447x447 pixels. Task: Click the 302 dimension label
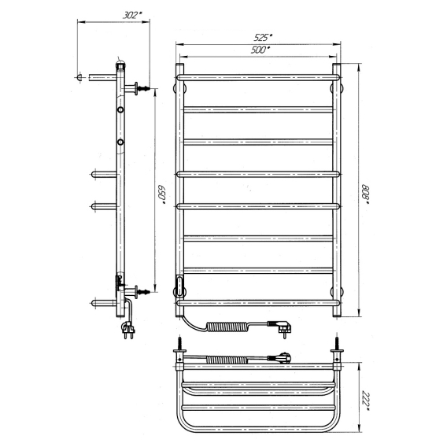(x=132, y=15)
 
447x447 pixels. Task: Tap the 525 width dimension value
(x=263, y=37)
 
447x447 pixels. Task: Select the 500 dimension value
(x=260, y=50)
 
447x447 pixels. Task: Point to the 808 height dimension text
(x=365, y=194)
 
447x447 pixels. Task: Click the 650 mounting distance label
(x=162, y=194)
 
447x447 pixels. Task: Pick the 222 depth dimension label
(x=365, y=401)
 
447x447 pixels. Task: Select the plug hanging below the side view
(x=128, y=330)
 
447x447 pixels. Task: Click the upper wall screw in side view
(x=144, y=88)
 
